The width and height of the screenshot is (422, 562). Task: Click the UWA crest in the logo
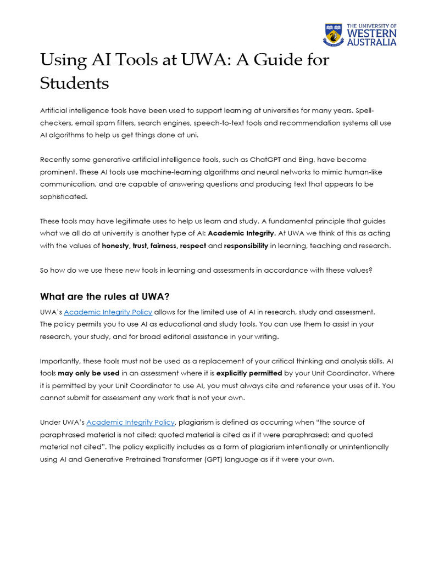[x=334, y=35]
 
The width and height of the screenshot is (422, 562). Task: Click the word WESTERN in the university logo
[x=371, y=33]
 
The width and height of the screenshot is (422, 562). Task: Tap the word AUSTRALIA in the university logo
[x=371, y=42]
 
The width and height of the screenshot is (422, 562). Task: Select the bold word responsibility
[x=246, y=246]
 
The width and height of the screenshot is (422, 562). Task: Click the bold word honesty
[x=115, y=246]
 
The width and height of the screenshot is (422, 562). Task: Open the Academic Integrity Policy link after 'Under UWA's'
[x=131, y=422]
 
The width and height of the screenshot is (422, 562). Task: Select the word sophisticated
[x=64, y=196]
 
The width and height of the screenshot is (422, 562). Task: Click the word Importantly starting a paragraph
[x=61, y=361]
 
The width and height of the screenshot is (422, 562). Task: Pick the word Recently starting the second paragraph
[x=57, y=160]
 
